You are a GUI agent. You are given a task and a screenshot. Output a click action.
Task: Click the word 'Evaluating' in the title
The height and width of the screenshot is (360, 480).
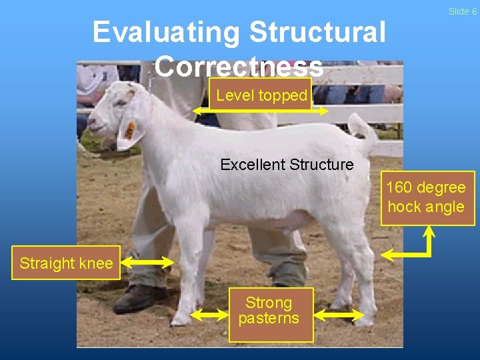coord(166,32)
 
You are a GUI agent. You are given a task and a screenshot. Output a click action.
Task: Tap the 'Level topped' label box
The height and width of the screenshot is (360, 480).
coord(261,95)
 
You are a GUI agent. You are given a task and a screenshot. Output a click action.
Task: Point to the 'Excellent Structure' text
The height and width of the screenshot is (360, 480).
coord(287,164)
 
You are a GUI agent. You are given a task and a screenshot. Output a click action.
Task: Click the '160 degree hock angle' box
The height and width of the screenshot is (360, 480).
coord(427,198)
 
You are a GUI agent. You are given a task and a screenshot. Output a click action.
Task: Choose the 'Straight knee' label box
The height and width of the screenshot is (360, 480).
coord(66,263)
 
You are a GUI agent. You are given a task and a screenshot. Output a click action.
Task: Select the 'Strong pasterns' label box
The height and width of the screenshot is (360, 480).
coord(269,311)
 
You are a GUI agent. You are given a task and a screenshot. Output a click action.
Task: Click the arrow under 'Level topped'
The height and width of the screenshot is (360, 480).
coord(260,111)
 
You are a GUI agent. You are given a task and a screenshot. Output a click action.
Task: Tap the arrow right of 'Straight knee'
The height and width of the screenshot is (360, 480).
coord(148,263)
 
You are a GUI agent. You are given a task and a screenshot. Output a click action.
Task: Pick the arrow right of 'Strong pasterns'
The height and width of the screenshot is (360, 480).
coord(339,313)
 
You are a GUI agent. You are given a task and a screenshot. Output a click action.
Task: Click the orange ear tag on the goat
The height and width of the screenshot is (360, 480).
coord(131,129)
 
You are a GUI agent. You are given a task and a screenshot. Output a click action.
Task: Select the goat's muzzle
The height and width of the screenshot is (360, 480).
coord(93,125)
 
